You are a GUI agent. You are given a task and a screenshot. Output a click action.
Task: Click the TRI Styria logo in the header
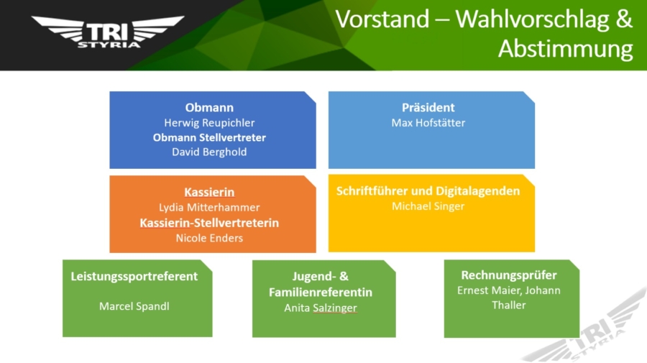point(108,32)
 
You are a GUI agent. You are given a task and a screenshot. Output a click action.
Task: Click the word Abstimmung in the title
point(565,49)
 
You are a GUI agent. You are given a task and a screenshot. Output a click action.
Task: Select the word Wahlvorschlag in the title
point(532,19)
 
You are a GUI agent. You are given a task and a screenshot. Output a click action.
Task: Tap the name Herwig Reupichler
point(209,123)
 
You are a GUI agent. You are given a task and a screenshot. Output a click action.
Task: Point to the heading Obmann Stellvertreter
point(209,137)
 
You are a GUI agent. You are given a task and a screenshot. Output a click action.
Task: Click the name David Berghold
point(209,152)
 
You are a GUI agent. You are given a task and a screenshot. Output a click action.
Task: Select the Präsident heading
point(428,108)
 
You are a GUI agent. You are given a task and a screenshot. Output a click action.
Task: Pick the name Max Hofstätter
point(428,123)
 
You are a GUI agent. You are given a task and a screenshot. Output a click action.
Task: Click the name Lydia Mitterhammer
point(209,208)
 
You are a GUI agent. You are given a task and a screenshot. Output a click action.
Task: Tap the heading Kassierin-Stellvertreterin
point(209,223)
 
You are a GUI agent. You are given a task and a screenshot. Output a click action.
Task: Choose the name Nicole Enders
point(209,238)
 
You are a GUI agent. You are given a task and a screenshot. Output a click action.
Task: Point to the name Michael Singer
point(428,206)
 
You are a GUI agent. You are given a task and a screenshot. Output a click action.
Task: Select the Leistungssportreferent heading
point(134,276)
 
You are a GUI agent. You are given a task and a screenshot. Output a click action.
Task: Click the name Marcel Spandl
point(134,306)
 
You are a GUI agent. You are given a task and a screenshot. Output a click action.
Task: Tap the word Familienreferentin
point(321,293)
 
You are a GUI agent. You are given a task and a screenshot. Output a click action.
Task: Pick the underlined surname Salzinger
point(334,308)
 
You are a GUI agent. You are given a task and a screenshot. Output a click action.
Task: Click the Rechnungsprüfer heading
point(509,275)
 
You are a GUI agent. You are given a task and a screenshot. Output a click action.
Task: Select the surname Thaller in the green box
point(509,305)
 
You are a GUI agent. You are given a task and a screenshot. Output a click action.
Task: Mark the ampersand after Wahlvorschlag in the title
point(624,19)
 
